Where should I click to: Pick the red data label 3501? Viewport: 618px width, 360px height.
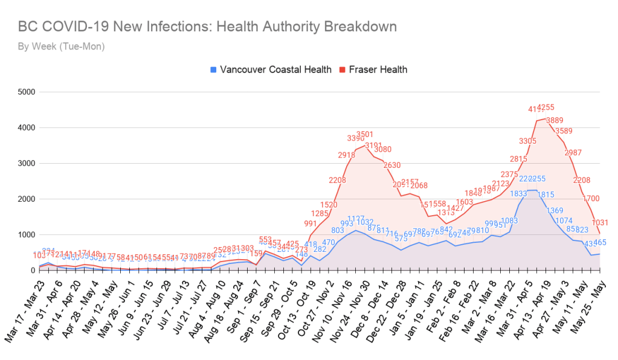pos(365,134)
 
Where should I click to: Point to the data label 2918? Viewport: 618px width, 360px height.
pos(346,155)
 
